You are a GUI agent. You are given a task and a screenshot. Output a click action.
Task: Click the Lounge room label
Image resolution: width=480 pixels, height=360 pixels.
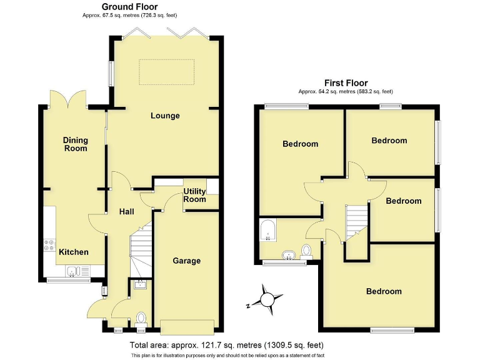pos(165,116)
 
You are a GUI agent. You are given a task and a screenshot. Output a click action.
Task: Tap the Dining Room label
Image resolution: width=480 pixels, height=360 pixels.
pos(75,144)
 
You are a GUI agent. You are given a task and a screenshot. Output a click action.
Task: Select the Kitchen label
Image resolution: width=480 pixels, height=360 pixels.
pos(74,252)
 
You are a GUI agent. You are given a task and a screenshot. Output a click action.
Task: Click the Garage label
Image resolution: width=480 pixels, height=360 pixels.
pos(186,261)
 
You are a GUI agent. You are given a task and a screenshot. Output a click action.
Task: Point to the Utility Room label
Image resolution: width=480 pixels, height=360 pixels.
pos(194,195)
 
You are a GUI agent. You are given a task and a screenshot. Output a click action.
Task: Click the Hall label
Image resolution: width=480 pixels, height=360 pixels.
pos(127,212)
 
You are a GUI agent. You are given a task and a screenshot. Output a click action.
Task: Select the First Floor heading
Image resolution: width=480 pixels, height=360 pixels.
pos(346,82)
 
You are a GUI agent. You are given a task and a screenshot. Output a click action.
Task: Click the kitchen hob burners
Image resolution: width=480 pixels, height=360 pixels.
pos(47,246)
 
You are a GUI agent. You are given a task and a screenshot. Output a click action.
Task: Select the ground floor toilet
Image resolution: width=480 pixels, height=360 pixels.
pos(141,318)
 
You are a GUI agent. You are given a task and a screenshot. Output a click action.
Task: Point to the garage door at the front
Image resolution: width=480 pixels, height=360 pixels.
pos(187,326)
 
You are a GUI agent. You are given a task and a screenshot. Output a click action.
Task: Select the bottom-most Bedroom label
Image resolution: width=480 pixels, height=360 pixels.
pos(384,291)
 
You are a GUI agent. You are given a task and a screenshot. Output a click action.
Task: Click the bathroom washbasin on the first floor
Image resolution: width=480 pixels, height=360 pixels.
pos(289,254)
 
